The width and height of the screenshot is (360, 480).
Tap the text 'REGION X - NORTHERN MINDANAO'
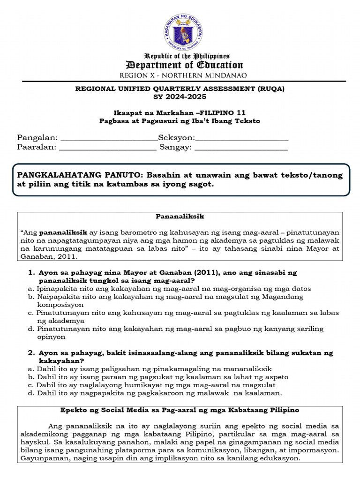point(183,75)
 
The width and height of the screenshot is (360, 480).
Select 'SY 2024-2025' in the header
point(180,97)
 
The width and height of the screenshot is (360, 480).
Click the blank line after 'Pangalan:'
point(109,138)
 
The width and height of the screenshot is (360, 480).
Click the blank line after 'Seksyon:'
point(241,138)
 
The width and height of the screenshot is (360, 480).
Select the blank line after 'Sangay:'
point(241,147)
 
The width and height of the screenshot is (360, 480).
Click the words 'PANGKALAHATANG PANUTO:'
point(80,175)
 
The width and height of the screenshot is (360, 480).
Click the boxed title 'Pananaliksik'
point(180,217)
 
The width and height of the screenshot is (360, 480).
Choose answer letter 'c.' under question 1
point(30,313)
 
